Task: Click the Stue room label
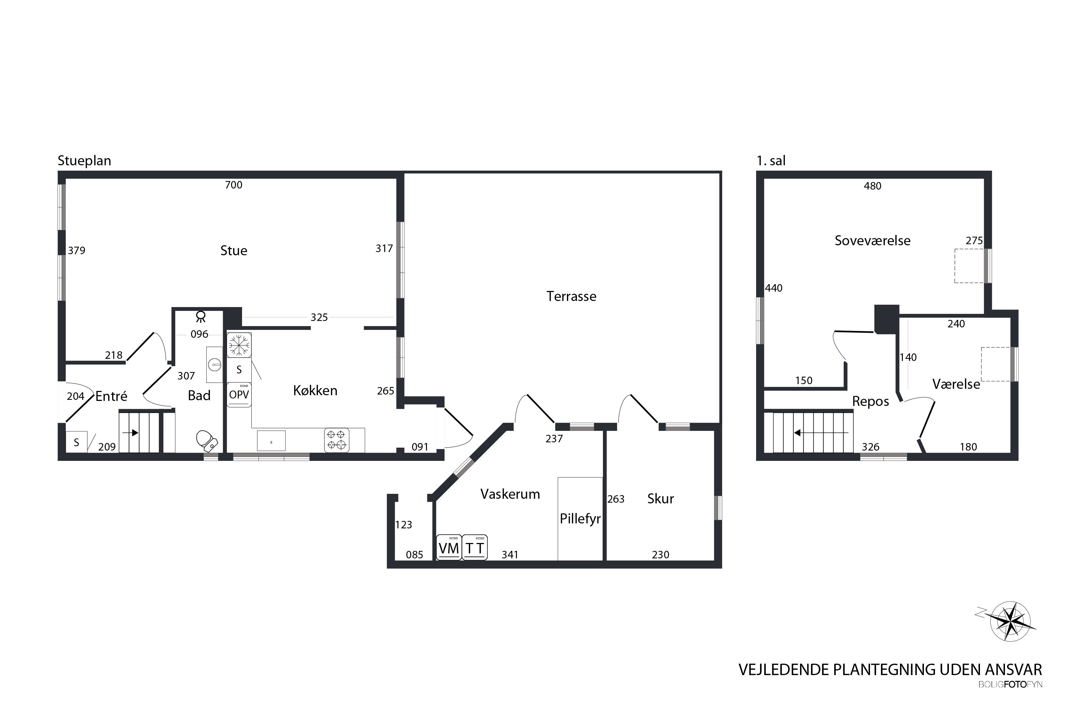(233, 251)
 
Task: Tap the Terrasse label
(572, 296)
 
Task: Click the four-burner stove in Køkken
(337, 440)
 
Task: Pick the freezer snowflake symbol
(239, 345)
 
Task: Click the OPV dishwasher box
(239, 395)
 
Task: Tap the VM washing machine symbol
(449, 547)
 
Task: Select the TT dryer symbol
(475, 547)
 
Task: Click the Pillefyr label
(580, 519)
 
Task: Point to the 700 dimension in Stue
(233, 185)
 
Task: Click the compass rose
(1010, 621)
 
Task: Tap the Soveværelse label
(873, 240)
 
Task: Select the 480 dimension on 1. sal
(873, 186)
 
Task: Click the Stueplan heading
(84, 161)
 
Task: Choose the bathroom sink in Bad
(215, 364)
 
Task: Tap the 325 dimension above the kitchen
(319, 317)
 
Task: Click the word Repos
(871, 402)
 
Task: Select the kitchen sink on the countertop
(271, 441)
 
